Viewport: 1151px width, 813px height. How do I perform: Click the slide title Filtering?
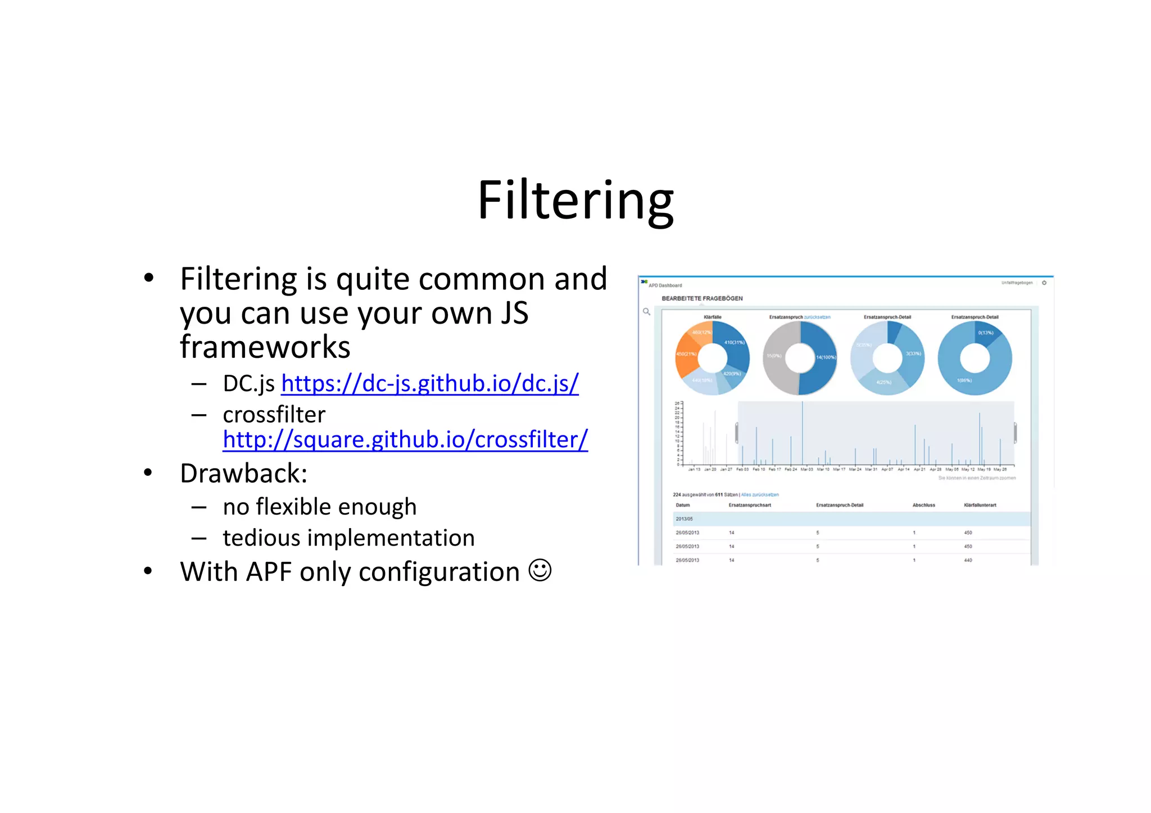pyautogui.click(x=575, y=201)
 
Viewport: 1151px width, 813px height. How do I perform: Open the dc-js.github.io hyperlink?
pyautogui.click(x=429, y=384)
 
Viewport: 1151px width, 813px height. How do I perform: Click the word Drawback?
pyautogui.click(x=243, y=474)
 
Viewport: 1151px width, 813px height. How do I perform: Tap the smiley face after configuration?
pyautogui.click(x=540, y=570)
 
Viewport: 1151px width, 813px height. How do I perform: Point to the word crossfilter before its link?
pyautogui.click(x=274, y=415)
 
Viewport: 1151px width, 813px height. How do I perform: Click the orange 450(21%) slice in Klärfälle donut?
pyautogui.click(x=686, y=355)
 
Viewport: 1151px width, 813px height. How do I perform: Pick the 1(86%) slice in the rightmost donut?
pyautogui.click(x=964, y=380)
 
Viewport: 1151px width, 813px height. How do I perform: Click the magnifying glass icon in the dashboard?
pyautogui.click(x=646, y=311)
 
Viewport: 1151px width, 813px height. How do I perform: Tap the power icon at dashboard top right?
pyautogui.click(x=1044, y=283)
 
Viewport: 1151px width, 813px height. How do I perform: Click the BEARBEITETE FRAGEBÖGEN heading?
pyautogui.click(x=702, y=298)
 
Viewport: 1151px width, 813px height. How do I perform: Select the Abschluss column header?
pyautogui.click(x=923, y=505)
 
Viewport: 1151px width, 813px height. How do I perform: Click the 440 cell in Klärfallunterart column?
pyautogui.click(x=968, y=560)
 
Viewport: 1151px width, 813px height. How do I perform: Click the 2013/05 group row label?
pyautogui.click(x=684, y=519)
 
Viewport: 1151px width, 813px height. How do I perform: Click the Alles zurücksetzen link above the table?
pyautogui.click(x=760, y=495)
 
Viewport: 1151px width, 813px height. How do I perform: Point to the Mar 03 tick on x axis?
pyautogui.click(x=806, y=469)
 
